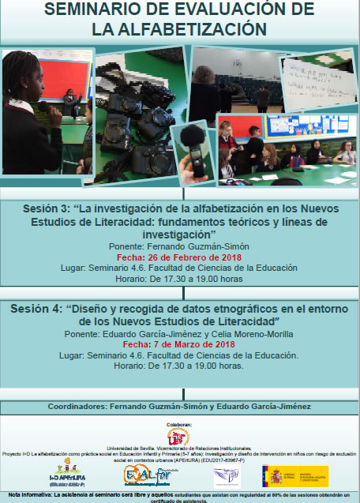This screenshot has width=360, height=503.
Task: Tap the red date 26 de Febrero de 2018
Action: pyautogui.click(x=180, y=257)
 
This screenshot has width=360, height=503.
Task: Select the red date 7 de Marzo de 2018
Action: pyautogui.click(x=180, y=344)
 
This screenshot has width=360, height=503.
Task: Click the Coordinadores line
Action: pyautogui.click(x=180, y=407)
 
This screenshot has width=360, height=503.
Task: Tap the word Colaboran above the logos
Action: pyautogui.click(x=179, y=424)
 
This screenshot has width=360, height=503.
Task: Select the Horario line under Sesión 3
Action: pyautogui.click(x=180, y=278)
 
